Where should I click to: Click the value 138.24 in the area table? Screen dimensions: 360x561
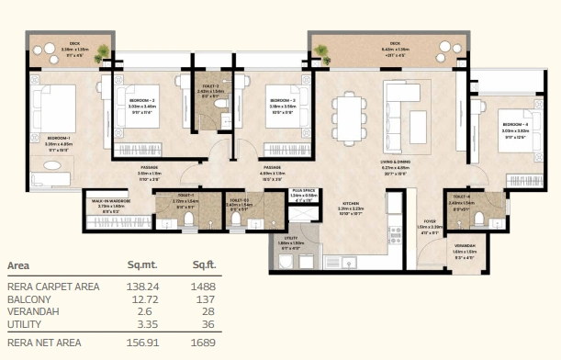click(142, 287)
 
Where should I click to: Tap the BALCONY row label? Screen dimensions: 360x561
click(28, 299)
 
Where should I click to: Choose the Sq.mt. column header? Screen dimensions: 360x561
click(142, 266)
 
